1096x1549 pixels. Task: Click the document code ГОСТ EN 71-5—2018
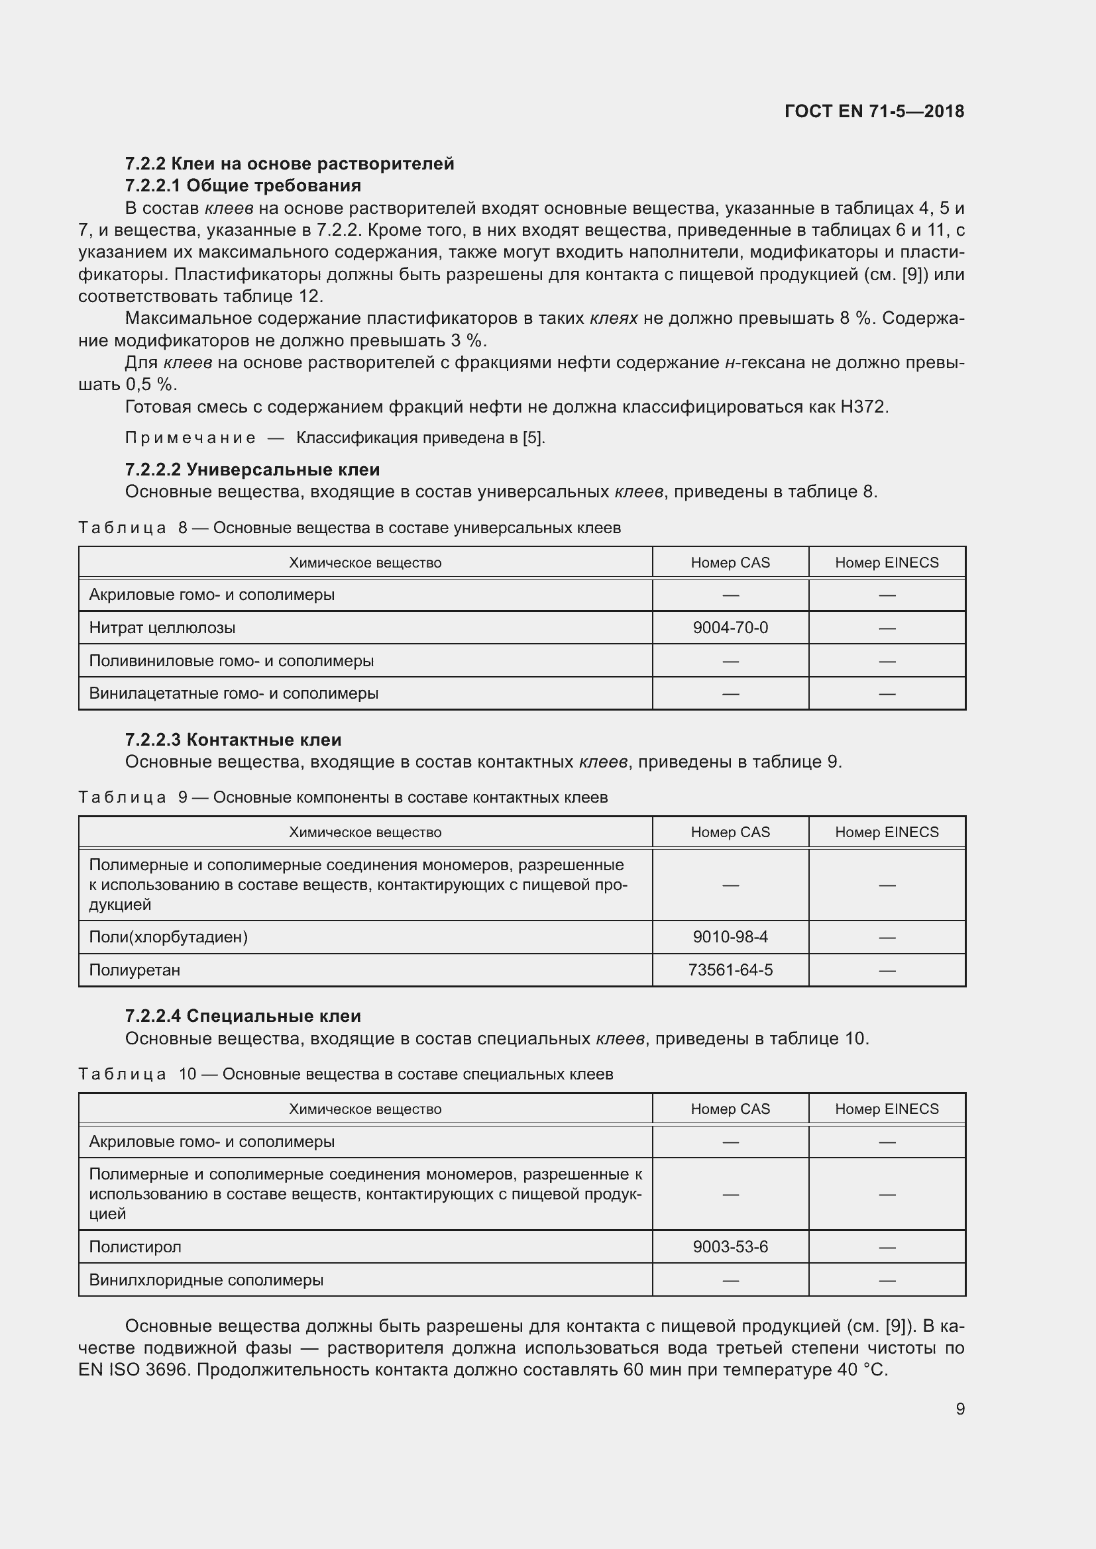click(874, 111)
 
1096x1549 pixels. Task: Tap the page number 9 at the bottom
click(959, 1409)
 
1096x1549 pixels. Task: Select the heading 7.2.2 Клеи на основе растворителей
click(290, 164)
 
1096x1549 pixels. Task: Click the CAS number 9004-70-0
click(730, 627)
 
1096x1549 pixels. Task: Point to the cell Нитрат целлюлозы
click(162, 627)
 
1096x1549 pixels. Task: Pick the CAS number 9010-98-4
click(730, 936)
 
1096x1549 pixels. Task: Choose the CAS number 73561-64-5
click(730, 970)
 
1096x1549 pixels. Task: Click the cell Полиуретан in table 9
click(135, 970)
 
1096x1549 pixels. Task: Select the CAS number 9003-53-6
click(730, 1246)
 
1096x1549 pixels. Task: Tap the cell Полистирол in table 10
click(135, 1246)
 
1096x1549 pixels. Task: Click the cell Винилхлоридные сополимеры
click(206, 1279)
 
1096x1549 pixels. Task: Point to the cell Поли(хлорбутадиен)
click(168, 936)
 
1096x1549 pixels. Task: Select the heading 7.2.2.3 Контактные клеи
click(233, 740)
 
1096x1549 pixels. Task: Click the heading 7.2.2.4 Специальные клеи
click(243, 1015)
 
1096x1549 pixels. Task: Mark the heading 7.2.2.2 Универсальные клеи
click(252, 469)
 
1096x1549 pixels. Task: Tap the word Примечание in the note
click(190, 438)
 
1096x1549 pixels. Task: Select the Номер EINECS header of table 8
click(886, 563)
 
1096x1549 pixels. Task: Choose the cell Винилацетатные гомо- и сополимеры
click(233, 693)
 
